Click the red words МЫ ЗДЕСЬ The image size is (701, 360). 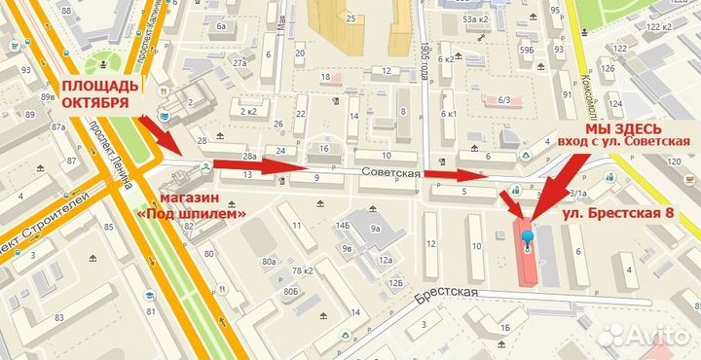click(x=623, y=128)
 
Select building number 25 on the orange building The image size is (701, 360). click(x=350, y=18)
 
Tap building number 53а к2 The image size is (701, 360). click(x=475, y=18)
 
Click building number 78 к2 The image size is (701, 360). click(x=305, y=270)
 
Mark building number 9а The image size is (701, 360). click(x=376, y=230)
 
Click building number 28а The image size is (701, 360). click(x=249, y=156)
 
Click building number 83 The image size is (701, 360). click(x=58, y=317)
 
